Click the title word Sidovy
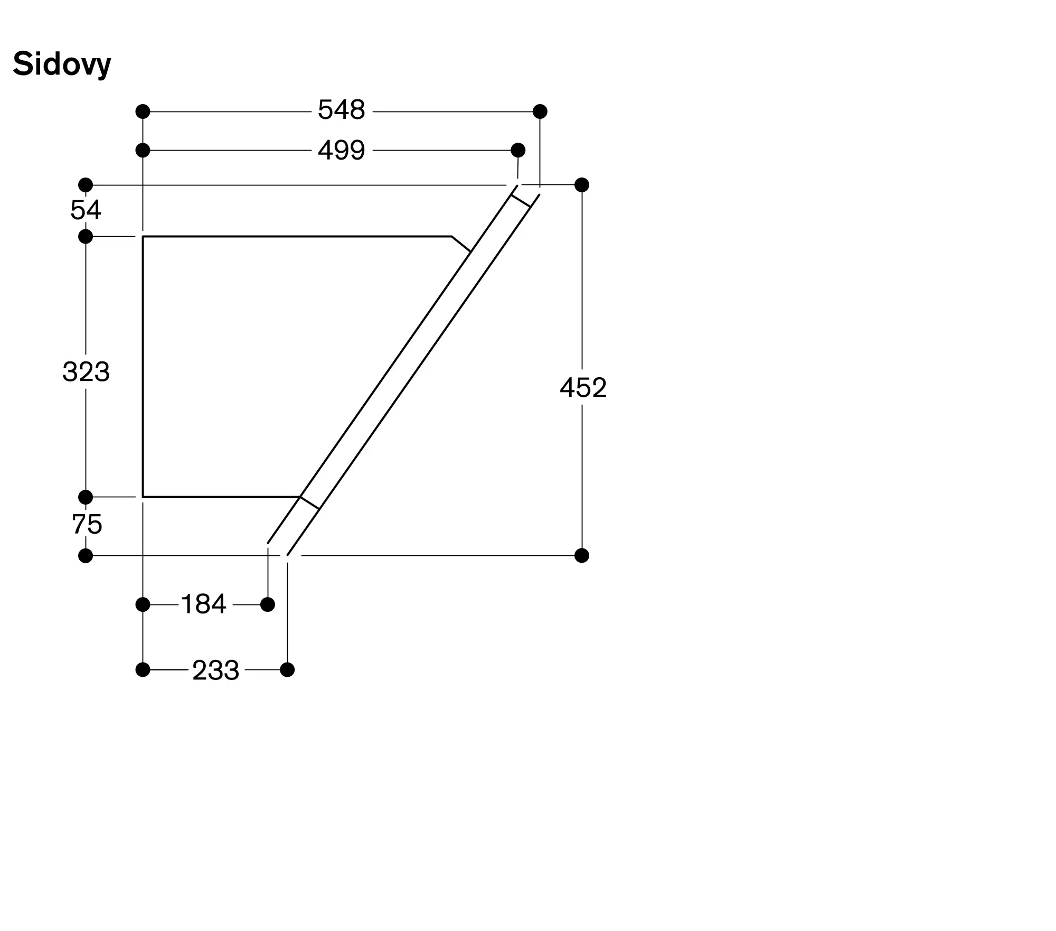[62, 64]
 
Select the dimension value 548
[341, 110]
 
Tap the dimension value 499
[341, 151]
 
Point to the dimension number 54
[86, 210]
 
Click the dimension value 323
[86, 372]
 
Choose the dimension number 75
[87, 525]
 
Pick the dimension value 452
[583, 388]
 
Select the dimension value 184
[203, 604]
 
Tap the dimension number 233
[215, 671]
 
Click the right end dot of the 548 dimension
[540, 111]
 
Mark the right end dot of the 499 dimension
[518, 150]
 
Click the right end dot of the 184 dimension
[268, 604]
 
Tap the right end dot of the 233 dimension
[287, 670]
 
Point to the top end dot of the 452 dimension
[582, 185]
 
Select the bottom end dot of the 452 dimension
[582, 556]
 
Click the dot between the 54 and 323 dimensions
[86, 237]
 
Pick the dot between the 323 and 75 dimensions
[86, 497]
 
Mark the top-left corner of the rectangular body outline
[143, 237]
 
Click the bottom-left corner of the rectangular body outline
[143, 497]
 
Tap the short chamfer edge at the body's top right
[461, 244]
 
